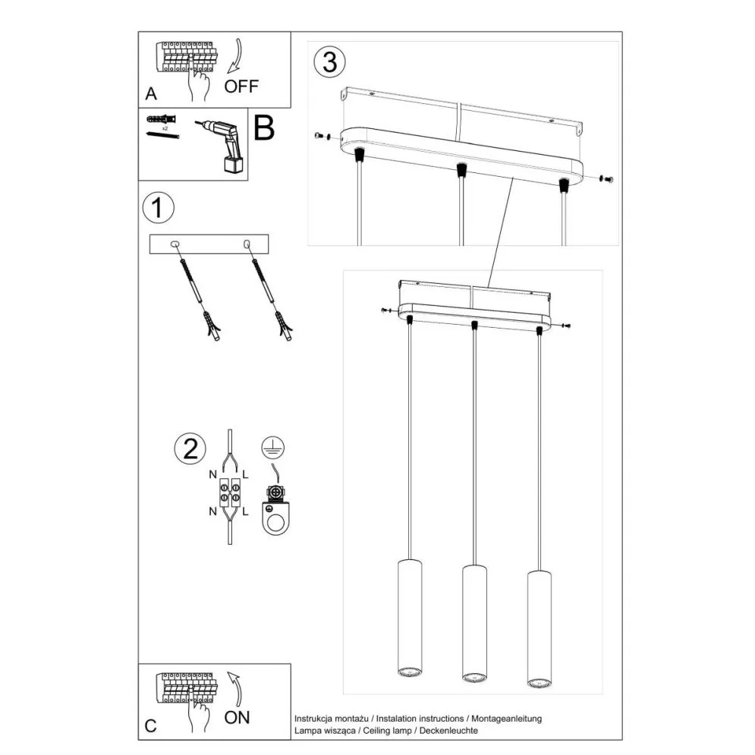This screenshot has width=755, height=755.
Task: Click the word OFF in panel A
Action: coord(241,86)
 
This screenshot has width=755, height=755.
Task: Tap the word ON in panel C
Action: coord(238,716)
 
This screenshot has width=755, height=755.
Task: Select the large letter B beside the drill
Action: coord(263,129)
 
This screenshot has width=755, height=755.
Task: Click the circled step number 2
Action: coord(189,450)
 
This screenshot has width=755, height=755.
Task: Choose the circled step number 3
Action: coord(329,62)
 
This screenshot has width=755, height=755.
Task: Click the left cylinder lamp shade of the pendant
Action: coord(408,618)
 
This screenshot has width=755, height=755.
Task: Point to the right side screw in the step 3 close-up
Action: coord(606,179)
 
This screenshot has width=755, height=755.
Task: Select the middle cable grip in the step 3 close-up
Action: coord(459,170)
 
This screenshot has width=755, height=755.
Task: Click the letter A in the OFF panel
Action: coord(151,95)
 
